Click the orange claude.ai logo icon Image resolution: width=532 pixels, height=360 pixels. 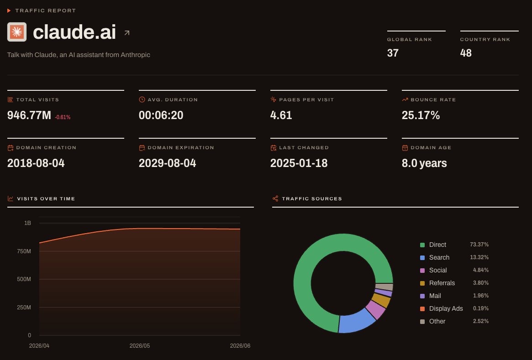pyautogui.click(x=17, y=32)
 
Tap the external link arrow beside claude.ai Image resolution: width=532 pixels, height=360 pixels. pyautogui.click(x=127, y=33)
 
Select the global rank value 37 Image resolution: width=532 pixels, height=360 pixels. pyautogui.click(x=393, y=53)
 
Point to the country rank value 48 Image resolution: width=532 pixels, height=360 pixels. pyautogui.click(x=466, y=53)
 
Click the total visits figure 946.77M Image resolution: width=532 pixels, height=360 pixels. pyautogui.click(x=29, y=115)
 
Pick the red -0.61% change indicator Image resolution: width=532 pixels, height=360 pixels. pyautogui.click(x=63, y=117)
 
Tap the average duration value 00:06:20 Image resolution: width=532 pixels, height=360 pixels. pyautogui.click(x=161, y=115)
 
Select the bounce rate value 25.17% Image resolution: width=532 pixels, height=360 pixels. pyautogui.click(x=421, y=115)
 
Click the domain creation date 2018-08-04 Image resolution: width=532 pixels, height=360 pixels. pyautogui.click(x=36, y=163)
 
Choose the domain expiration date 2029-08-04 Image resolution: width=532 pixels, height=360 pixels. pyautogui.click(x=167, y=163)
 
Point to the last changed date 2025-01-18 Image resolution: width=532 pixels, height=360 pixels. pyautogui.click(x=299, y=163)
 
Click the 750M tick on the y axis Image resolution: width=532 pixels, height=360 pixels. pyautogui.click(x=24, y=251)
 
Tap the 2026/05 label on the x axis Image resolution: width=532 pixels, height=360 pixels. pyautogui.click(x=139, y=346)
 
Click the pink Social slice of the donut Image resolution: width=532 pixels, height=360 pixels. pyautogui.click(x=376, y=309)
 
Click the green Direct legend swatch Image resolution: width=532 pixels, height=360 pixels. pyautogui.click(x=422, y=245)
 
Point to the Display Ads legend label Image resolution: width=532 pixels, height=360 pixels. pyautogui.click(x=446, y=308)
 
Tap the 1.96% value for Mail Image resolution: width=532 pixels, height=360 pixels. pyautogui.click(x=481, y=296)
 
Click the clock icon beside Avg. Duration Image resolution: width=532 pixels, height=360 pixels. pyautogui.click(x=142, y=99)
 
